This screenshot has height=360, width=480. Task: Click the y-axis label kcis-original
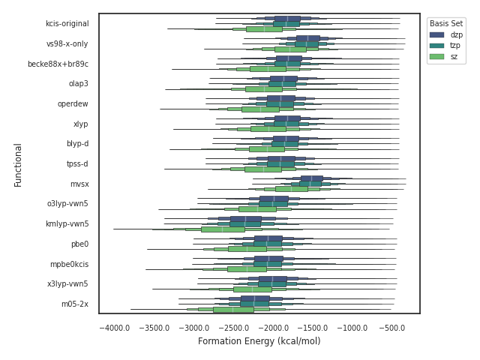point(67,24)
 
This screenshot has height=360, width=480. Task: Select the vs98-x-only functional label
point(67,44)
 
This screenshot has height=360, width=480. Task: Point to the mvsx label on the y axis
point(79,184)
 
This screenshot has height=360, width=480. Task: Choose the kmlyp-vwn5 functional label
point(67,224)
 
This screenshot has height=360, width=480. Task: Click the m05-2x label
point(75,304)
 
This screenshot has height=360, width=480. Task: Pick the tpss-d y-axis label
point(76,164)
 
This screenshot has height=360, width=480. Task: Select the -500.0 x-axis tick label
point(391,328)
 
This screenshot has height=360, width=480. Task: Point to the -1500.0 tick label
point(313,328)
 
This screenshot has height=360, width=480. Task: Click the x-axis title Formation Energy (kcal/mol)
point(259,342)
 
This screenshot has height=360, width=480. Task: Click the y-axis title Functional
point(18,164)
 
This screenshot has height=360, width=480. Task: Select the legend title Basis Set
point(445,23)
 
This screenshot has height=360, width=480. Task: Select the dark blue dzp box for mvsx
point(311,178)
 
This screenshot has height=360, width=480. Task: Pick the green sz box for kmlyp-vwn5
point(223,229)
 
